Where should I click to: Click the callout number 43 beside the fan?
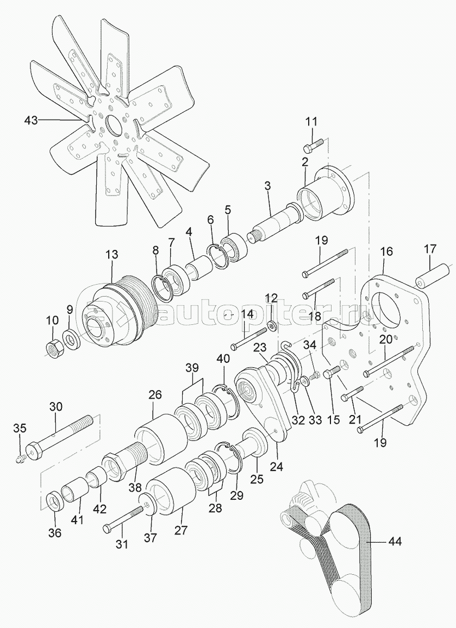tap(31, 120)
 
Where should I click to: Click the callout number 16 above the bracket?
tap(386, 252)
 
